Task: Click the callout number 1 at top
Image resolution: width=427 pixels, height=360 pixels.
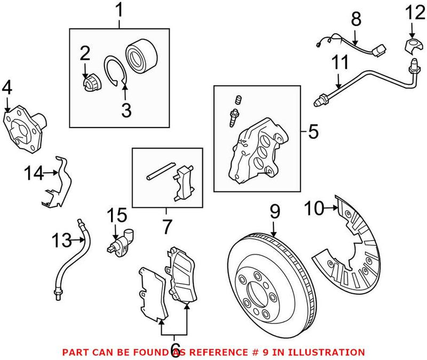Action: (x=119, y=10)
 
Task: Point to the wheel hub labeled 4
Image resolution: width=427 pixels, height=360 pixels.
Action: (x=26, y=126)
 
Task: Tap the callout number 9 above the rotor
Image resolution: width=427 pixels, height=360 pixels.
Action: (x=274, y=212)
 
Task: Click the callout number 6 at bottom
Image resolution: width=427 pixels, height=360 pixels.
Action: (x=175, y=348)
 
